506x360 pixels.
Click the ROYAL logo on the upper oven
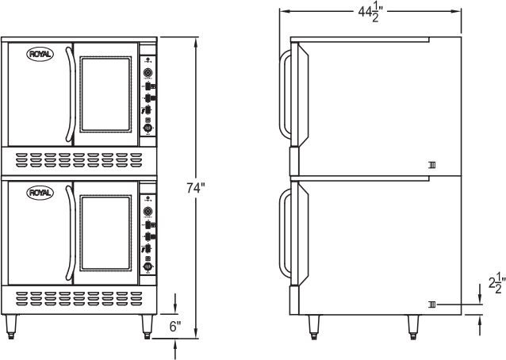click(x=37, y=54)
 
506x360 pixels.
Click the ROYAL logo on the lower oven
click(x=37, y=193)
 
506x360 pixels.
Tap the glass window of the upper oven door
click(x=107, y=93)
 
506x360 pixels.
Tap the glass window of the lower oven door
click(x=107, y=232)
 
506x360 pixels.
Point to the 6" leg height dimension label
click(x=175, y=325)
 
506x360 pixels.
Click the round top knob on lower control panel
click(x=148, y=212)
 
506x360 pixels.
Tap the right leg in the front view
click(x=148, y=325)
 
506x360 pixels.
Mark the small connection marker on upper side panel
click(x=431, y=165)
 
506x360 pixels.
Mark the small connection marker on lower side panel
click(x=431, y=304)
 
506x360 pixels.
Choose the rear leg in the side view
click(x=413, y=326)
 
